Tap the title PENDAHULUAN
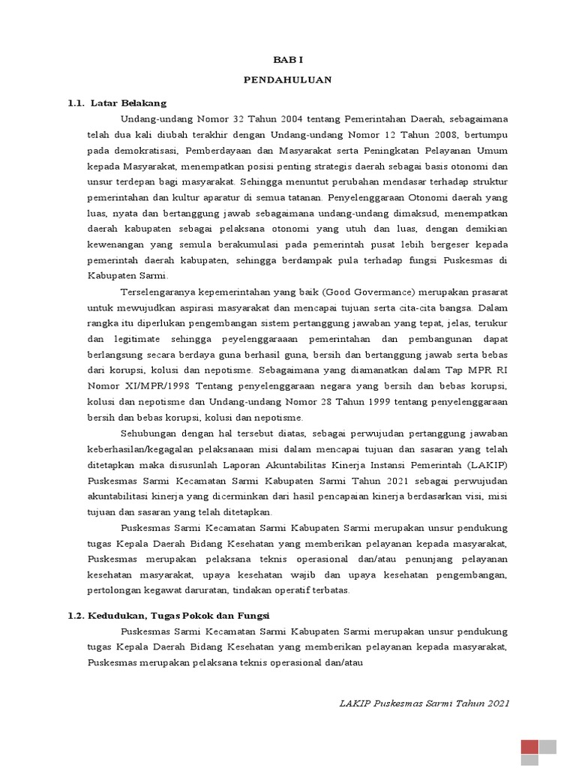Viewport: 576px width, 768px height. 287,79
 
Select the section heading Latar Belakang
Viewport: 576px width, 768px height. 128,102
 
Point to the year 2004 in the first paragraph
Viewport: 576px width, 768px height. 282,118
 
